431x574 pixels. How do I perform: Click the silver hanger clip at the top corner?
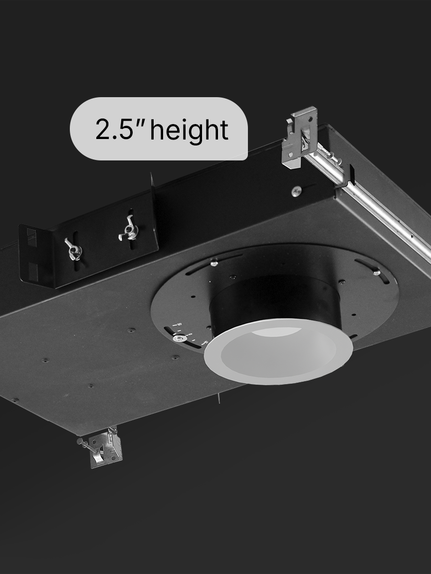pos(299,138)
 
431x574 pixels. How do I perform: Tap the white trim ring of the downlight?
pos(278,351)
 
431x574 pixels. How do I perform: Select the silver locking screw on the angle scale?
pos(179,339)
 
